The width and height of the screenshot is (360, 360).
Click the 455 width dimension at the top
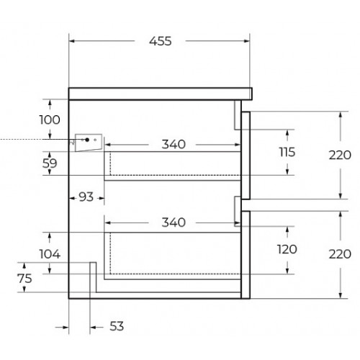161,41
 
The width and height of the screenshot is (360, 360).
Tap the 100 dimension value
50,120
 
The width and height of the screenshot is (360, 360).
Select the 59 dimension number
50,163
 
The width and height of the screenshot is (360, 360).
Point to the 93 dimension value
86,197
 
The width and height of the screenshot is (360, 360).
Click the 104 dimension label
50,254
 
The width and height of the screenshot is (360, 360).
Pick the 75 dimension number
24,279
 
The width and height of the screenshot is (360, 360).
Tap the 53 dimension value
117,326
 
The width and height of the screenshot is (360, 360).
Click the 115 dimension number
287,152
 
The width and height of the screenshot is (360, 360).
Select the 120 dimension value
287,249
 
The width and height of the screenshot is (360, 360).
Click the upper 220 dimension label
340,155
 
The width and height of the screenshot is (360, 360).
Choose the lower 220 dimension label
340,254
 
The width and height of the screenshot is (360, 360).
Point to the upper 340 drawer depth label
174,144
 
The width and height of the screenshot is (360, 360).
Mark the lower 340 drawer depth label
174,222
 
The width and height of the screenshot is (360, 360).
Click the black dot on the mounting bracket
87,140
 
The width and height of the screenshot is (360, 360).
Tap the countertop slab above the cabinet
161,94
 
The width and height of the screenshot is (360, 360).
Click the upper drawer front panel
246,156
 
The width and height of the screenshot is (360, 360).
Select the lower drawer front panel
246,255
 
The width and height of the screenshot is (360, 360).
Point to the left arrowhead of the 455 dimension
71,41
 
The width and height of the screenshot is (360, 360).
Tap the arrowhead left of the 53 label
93,327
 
